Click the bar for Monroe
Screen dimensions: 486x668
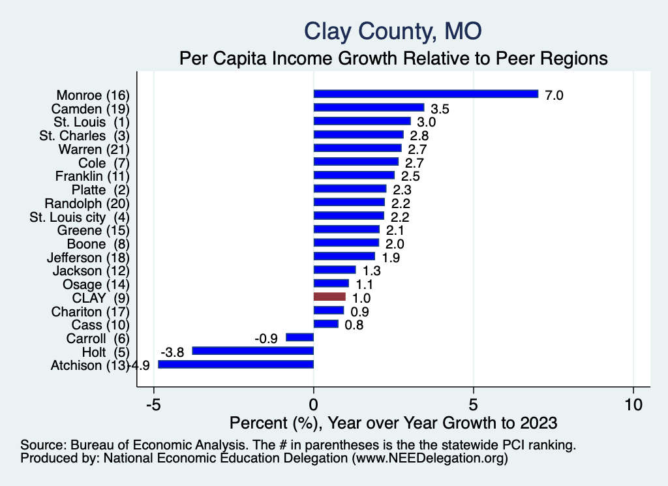(x=425, y=93)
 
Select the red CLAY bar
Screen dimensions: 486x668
(x=329, y=297)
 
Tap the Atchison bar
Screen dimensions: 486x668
(x=235, y=365)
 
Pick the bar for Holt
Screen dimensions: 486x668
(x=252, y=351)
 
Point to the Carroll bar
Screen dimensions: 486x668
(x=299, y=337)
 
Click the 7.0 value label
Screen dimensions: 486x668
(x=554, y=95)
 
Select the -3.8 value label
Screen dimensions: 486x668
(x=173, y=352)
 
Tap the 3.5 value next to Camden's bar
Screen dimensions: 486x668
(x=440, y=108)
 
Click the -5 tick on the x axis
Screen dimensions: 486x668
(x=153, y=404)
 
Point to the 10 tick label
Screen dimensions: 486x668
(x=633, y=404)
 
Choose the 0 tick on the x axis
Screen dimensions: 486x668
(x=314, y=404)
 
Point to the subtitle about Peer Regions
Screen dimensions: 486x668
(x=393, y=59)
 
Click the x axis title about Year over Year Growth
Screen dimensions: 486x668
(x=393, y=423)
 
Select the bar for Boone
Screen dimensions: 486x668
(x=346, y=243)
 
